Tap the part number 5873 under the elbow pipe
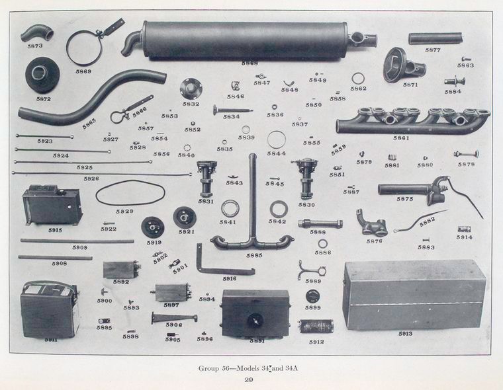point(34,46)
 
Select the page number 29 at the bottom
point(249,379)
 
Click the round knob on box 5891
point(255,320)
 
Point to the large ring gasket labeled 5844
point(277,140)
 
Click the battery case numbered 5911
point(50,309)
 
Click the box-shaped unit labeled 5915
point(52,207)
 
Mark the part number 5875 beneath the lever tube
point(405,198)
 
